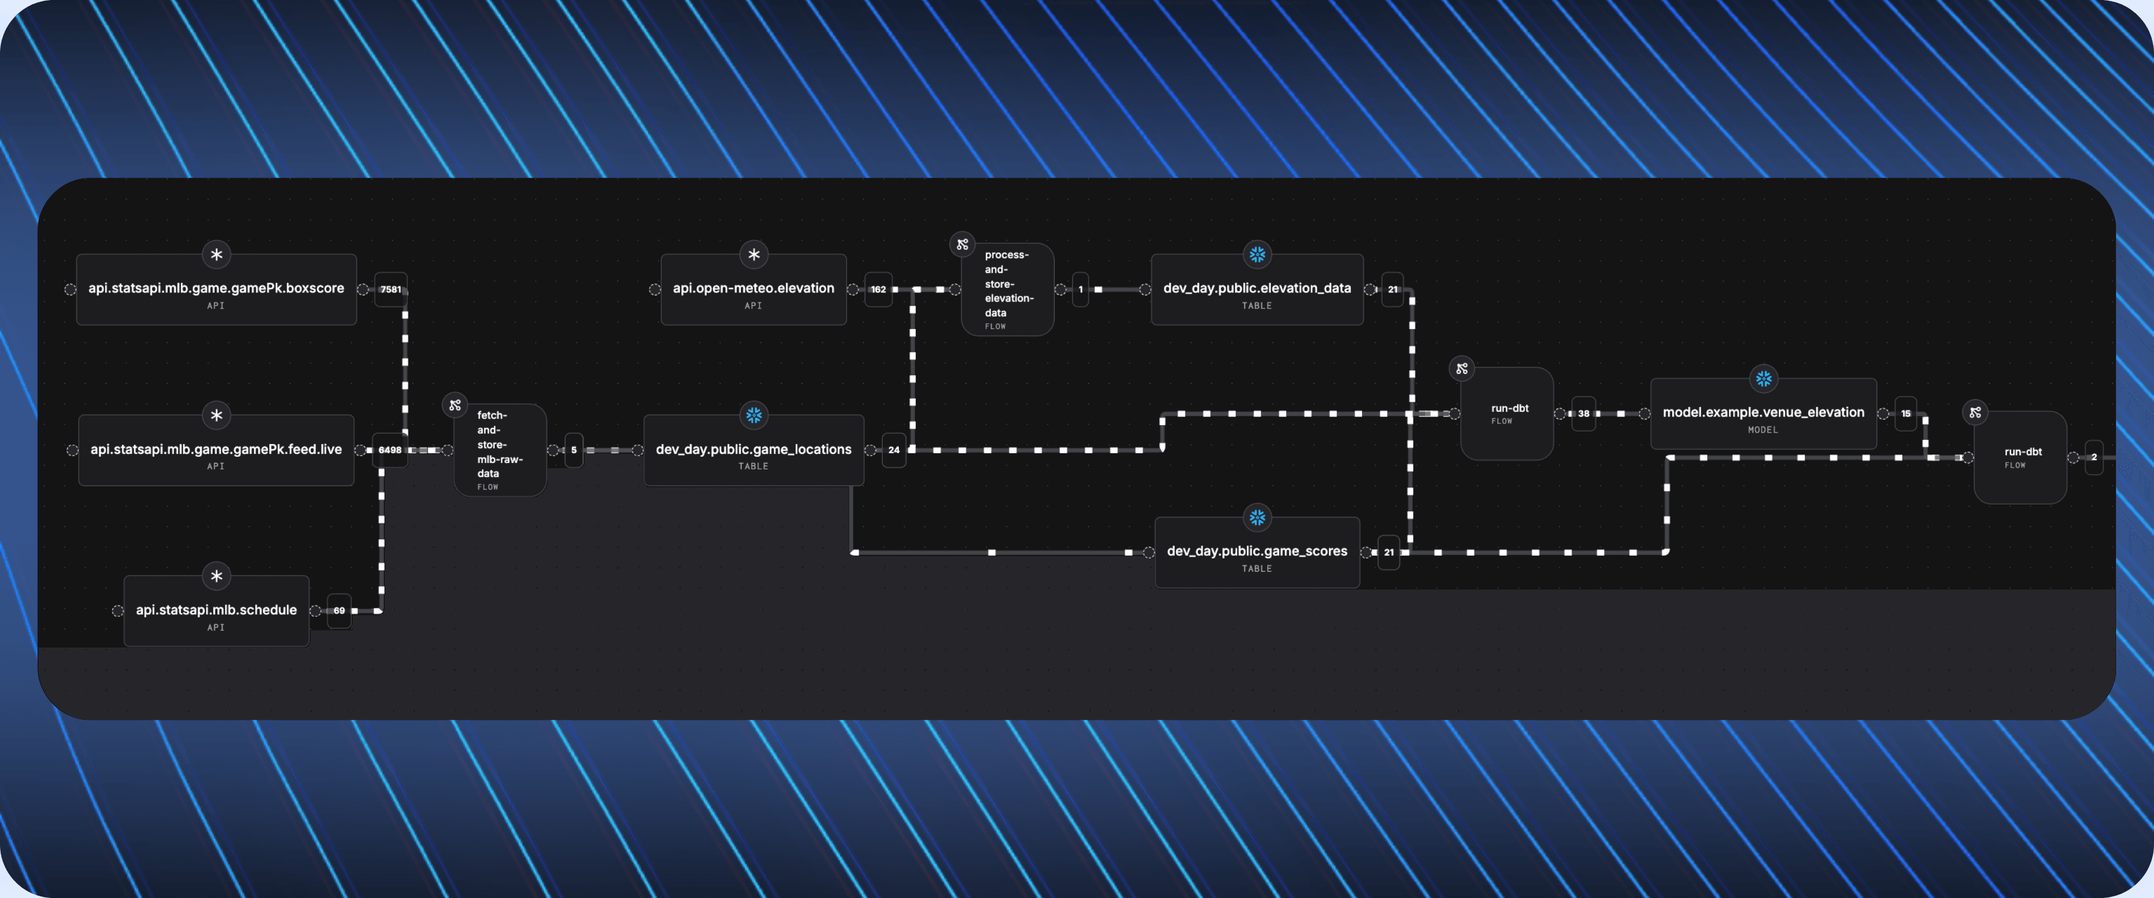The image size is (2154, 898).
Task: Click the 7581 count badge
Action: click(x=391, y=290)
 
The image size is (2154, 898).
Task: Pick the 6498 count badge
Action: click(x=389, y=450)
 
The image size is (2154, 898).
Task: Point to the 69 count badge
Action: click(x=339, y=610)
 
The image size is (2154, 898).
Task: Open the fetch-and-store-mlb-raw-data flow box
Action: click(x=500, y=450)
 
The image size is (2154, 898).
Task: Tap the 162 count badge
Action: click(x=878, y=290)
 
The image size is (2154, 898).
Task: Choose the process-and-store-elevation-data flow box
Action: click(x=1007, y=290)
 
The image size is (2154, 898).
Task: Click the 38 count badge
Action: click(x=1584, y=413)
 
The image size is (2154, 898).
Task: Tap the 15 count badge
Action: click(x=1906, y=413)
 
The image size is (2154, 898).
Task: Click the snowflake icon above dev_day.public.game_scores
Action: click(x=1257, y=518)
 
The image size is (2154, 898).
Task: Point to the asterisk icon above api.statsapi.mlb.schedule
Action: click(x=217, y=576)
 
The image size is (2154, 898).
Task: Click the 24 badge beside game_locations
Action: click(x=894, y=450)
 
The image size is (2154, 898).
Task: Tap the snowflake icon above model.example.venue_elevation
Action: click(x=1763, y=379)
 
